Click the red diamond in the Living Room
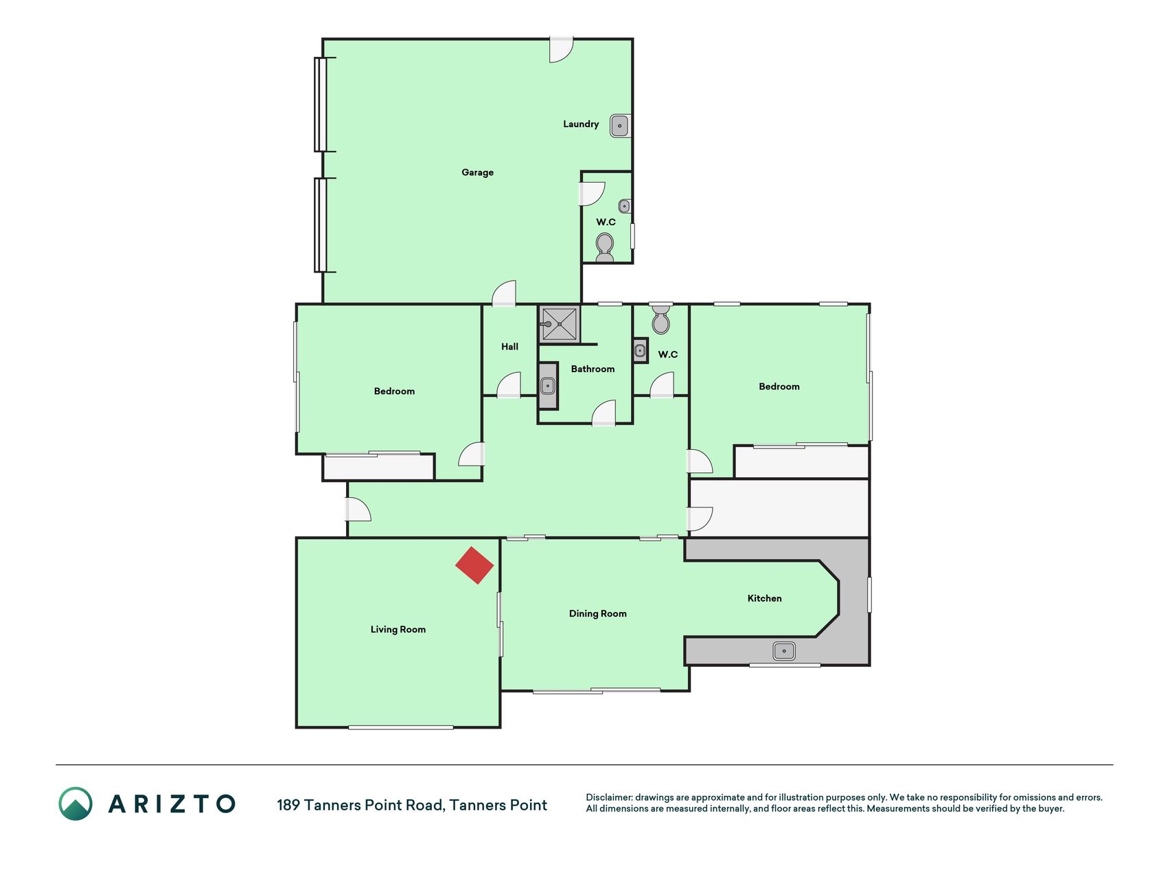click(x=474, y=565)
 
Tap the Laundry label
click(x=581, y=124)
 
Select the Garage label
click(x=477, y=172)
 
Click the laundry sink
click(x=620, y=126)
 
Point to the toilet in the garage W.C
click(x=605, y=247)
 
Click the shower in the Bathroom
click(x=560, y=323)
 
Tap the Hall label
click(x=509, y=347)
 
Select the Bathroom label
click(x=593, y=369)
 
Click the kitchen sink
click(x=784, y=651)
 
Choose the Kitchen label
click(x=764, y=598)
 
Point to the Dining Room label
click(x=597, y=613)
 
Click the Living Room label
click(x=398, y=629)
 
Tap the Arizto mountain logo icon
click(x=76, y=803)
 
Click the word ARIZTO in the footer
click(x=172, y=803)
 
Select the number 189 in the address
click(x=288, y=805)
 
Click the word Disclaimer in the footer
click(x=609, y=797)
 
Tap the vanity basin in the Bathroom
click(x=548, y=385)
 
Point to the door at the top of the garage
click(x=561, y=49)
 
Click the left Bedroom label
click(x=394, y=391)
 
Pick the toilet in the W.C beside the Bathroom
click(x=660, y=319)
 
